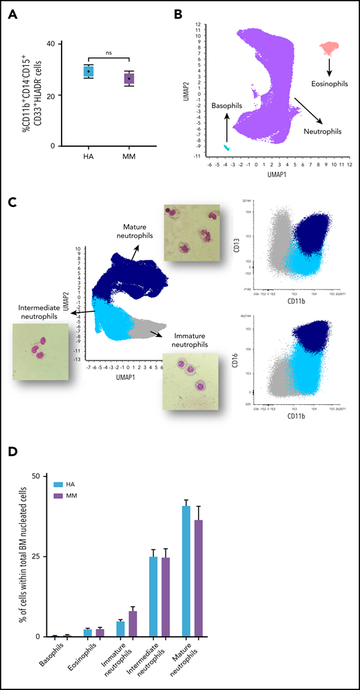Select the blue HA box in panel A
(89, 71)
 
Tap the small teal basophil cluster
(226, 147)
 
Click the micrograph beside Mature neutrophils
(190, 231)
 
